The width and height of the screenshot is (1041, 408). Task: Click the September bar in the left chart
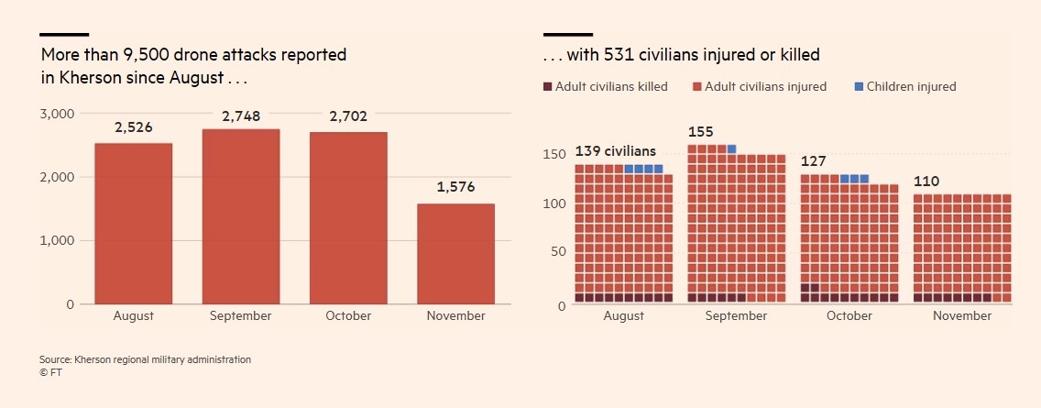click(x=241, y=216)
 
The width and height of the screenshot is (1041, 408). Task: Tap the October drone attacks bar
click(x=348, y=217)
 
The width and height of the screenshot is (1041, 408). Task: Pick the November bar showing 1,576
click(x=455, y=253)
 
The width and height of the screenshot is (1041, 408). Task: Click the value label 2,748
click(x=241, y=116)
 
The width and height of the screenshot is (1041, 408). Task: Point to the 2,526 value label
click(x=133, y=127)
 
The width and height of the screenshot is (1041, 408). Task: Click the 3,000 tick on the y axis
click(x=57, y=114)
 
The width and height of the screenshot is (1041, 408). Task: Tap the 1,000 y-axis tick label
click(x=57, y=240)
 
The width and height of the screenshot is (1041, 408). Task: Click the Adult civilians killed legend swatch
click(x=548, y=87)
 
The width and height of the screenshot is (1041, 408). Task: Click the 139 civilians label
click(x=616, y=151)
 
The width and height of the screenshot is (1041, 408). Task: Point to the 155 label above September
click(x=700, y=132)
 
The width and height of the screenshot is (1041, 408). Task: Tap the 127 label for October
click(x=814, y=161)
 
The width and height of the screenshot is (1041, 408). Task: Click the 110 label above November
click(x=926, y=182)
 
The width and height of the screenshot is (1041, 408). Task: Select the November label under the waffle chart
click(x=962, y=315)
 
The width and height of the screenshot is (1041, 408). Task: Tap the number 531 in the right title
click(x=619, y=55)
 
